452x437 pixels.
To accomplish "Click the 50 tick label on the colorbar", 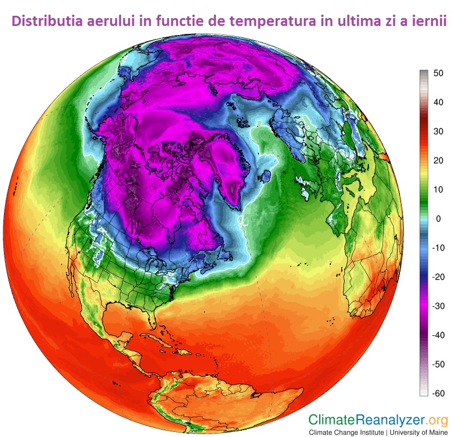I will (438, 73).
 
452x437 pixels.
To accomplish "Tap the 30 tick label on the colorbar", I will (438, 131).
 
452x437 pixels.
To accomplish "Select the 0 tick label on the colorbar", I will (438, 218).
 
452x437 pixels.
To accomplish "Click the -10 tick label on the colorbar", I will (437, 248).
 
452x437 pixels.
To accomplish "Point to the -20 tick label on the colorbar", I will (437, 277).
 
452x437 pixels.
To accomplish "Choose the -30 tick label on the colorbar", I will (437, 306).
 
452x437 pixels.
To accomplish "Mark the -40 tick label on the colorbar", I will (437, 335).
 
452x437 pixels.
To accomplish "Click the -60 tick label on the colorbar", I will (437, 393).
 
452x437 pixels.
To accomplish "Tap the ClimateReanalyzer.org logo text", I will (377, 420).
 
